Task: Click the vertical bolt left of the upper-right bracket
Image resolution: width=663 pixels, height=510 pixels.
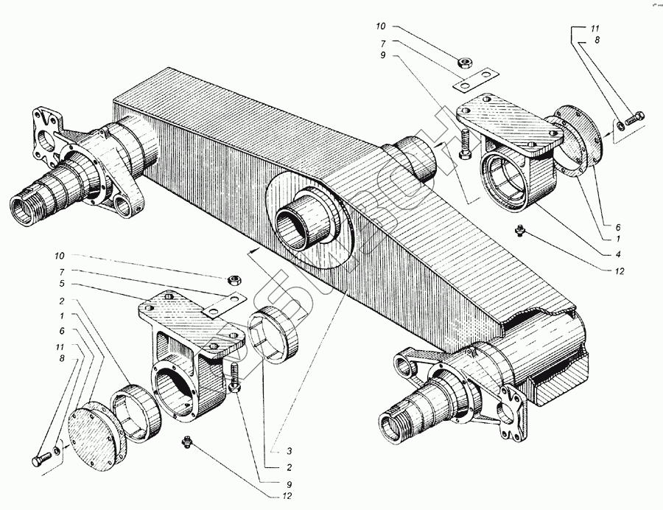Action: [464, 144]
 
